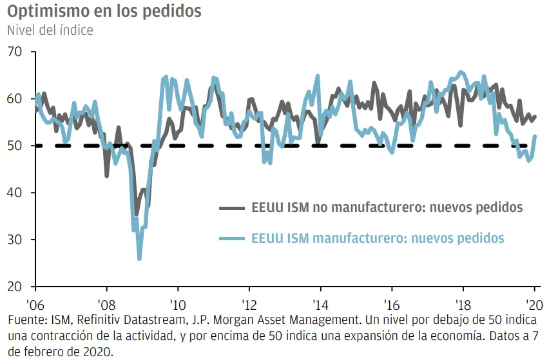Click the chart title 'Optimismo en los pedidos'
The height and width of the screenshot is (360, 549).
[104, 11]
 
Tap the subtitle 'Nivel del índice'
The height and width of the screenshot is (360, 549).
[50, 30]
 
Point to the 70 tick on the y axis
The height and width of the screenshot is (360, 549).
[15, 52]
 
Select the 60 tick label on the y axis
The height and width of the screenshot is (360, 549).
[15, 99]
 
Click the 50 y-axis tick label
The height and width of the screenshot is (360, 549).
[15, 146]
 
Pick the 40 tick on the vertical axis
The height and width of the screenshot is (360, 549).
[15, 193]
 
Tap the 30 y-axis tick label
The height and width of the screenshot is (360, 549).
[15, 240]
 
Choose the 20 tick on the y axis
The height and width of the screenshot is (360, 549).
[15, 287]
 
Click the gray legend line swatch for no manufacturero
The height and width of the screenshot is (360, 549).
[231, 208]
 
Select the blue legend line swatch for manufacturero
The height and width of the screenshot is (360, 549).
[231, 238]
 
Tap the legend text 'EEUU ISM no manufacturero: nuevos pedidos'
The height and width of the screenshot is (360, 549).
[385, 208]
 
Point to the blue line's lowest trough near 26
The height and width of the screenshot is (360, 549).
[139, 258]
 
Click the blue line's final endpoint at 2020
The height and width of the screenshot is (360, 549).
[535, 136]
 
